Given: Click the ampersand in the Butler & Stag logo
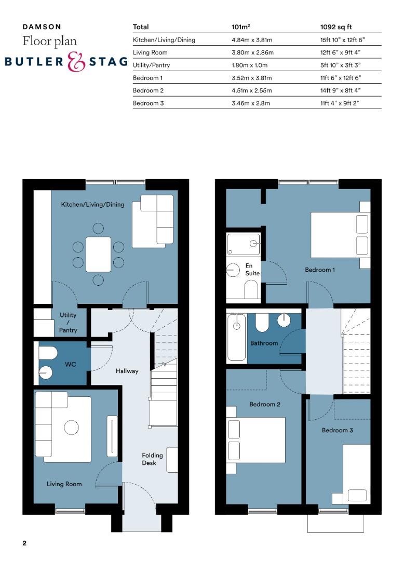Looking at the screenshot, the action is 76,62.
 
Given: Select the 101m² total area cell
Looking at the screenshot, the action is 240,27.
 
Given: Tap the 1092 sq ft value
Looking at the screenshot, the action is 335,27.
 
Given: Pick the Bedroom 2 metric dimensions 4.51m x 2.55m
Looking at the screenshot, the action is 251,90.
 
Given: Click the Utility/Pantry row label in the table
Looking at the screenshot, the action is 151,65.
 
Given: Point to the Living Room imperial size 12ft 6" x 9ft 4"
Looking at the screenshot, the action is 340,52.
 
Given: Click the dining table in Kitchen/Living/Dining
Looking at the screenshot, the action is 98,255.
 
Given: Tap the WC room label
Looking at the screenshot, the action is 71,364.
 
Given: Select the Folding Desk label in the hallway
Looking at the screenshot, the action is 152,459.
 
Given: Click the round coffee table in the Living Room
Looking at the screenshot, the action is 71,427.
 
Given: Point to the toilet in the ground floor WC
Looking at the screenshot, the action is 48,353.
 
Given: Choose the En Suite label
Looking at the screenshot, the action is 252,270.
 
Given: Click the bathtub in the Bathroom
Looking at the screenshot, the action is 236,337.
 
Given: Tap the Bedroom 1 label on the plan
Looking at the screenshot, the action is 320,270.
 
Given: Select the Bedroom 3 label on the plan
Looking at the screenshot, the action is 337,431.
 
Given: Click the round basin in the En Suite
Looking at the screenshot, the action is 233,270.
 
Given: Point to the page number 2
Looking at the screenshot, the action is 24,543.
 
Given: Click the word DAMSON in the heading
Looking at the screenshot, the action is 42,27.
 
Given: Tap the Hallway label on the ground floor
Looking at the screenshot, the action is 127,371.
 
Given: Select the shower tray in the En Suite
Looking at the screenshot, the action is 243,244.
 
